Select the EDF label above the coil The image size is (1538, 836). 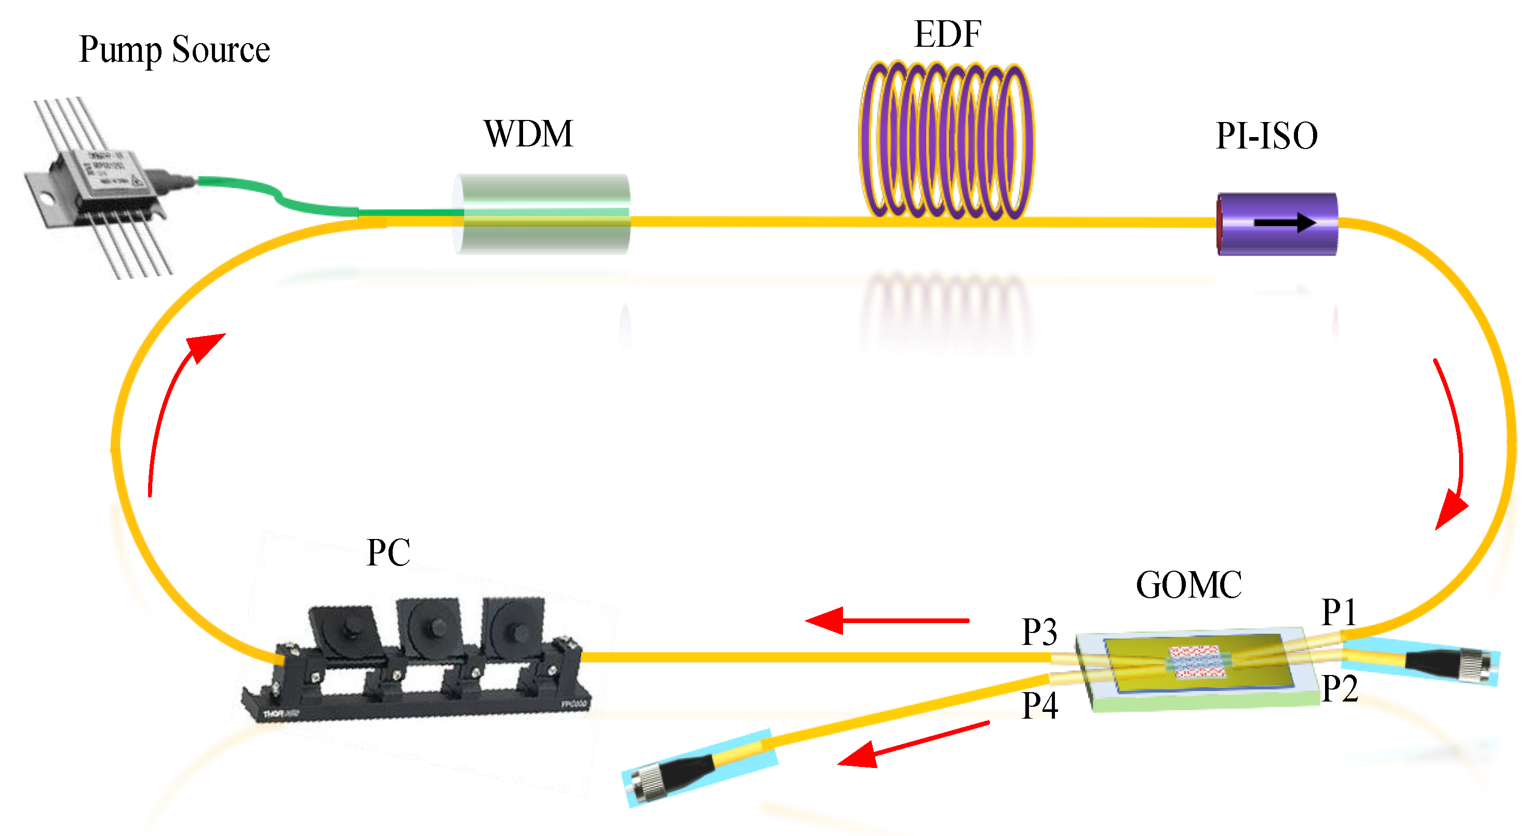click(x=947, y=35)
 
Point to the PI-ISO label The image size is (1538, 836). click(x=1266, y=136)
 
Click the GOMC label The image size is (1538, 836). click(x=1188, y=584)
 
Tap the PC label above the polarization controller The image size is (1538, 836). click(x=388, y=552)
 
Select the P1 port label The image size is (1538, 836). click(x=1339, y=612)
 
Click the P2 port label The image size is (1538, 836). click(x=1339, y=689)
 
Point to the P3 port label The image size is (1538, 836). click(x=1039, y=632)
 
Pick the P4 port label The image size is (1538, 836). click(x=1039, y=706)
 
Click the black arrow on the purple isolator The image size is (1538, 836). click(x=1283, y=223)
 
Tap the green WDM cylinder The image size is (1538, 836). click(x=542, y=213)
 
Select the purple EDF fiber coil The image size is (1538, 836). click(x=946, y=140)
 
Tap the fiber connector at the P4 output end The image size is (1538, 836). click(x=675, y=773)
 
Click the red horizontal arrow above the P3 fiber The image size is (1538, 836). click(x=887, y=621)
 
